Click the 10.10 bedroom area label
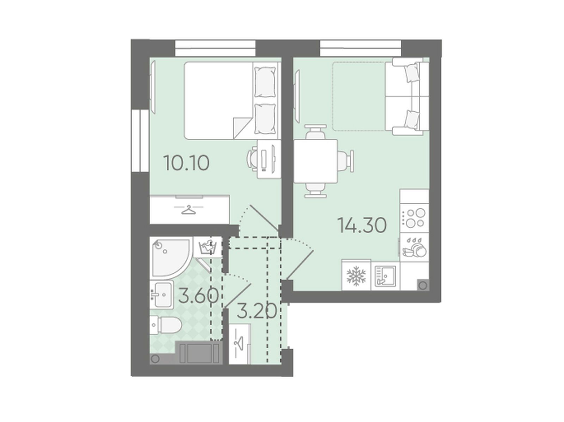(186, 163)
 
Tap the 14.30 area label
(362, 225)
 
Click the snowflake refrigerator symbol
(356, 276)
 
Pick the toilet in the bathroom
(166, 325)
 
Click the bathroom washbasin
(161, 295)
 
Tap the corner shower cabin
(171, 258)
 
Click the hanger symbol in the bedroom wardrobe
(189, 209)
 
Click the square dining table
(315, 161)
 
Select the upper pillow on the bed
(265, 82)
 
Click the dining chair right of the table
(345, 161)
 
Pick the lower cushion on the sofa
(412, 119)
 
